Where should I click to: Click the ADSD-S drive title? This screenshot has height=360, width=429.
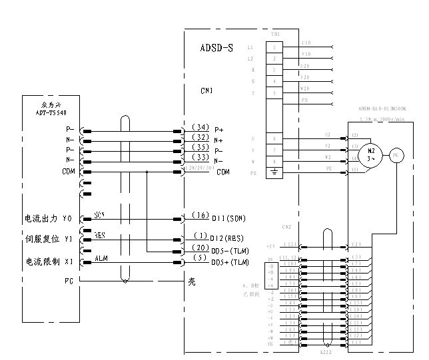216,49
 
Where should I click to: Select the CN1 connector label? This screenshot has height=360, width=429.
207,90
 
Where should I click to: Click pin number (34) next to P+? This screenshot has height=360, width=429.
200,127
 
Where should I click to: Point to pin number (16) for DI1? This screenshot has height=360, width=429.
200,216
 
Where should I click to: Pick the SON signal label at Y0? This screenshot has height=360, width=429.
100,215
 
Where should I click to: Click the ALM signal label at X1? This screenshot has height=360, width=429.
101,258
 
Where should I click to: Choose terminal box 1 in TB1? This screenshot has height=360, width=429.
274,47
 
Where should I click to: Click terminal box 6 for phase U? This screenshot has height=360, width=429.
274,138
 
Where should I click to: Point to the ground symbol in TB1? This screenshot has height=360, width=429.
274,172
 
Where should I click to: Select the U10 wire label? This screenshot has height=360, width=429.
306,43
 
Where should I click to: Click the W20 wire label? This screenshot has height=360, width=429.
306,88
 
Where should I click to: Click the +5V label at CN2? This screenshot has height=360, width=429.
270,246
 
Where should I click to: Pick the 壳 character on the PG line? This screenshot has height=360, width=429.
192,281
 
